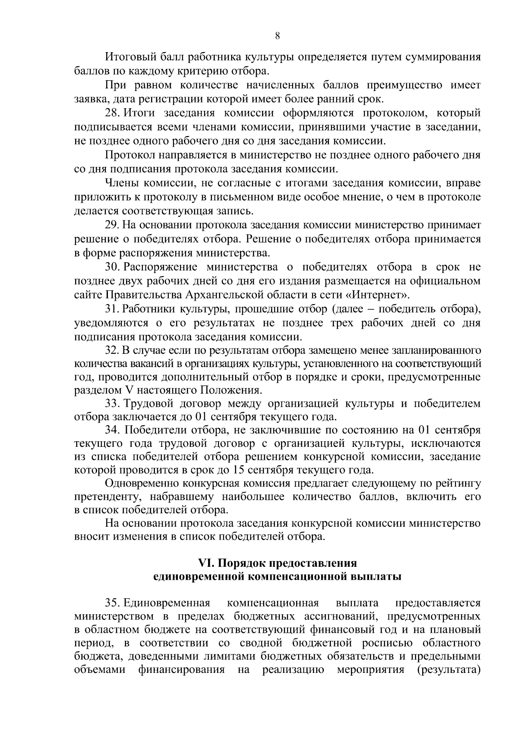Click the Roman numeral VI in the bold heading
[x=204, y=563]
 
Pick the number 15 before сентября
[x=237, y=470]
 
